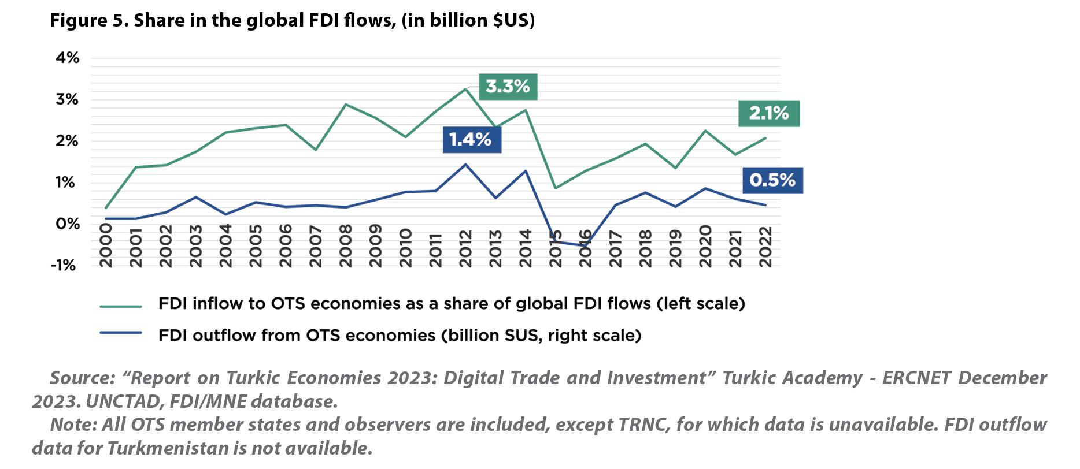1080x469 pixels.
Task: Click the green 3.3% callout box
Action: (508, 87)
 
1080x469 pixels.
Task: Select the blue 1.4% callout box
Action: (471, 139)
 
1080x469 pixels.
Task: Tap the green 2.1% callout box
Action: (769, 113)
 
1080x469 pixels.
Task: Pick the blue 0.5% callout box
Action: (772, 180)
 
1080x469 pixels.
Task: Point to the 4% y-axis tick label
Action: (67, 58)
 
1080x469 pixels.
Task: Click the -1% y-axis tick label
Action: (64, 266)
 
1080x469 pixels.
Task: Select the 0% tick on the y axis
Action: (67, 224)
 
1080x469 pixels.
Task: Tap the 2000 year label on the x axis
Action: (106, 247)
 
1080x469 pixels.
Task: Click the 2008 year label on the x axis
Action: (346, 247)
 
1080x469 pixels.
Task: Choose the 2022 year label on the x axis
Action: (765, 247)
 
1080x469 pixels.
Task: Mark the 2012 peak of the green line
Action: (465, 89)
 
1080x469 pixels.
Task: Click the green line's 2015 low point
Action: (555, 188)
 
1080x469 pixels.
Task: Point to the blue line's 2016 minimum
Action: (585, 246)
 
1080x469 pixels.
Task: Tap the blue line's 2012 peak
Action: (465, 165)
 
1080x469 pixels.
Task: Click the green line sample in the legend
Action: (121, 306)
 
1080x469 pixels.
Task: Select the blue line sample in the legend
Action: (121, 333)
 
